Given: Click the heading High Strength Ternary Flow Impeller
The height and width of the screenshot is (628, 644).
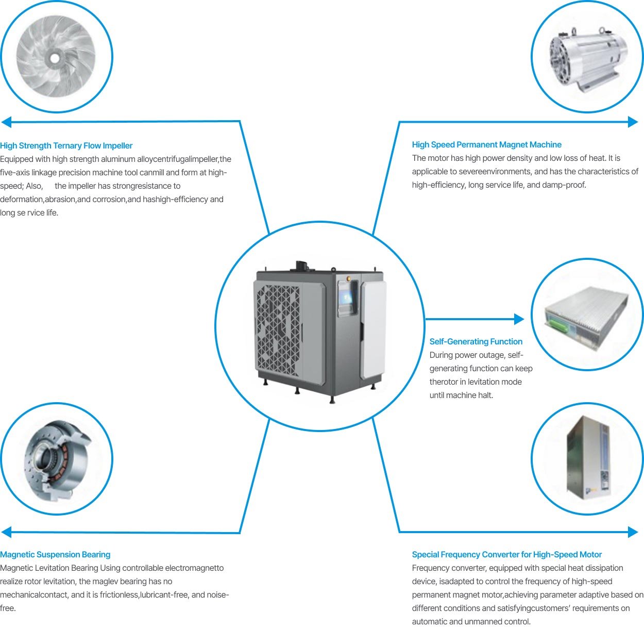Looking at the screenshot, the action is click(66, 146).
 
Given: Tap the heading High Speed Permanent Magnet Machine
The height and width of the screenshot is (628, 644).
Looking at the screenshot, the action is click(486, 145).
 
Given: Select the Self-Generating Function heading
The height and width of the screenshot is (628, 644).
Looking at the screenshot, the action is click(476, 341).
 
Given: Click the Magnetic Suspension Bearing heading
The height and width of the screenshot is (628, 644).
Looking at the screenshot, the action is click(55, 554).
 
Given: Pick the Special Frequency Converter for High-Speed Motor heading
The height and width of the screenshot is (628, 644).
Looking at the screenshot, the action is click(506, 554).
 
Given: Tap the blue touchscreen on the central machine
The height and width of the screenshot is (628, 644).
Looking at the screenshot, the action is click(346, 297).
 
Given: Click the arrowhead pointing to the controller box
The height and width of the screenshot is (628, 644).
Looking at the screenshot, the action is click(519, 319).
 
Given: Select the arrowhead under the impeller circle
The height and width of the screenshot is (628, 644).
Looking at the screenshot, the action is click(6, 122).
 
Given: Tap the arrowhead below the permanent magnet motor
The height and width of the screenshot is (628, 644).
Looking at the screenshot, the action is click(633, 122).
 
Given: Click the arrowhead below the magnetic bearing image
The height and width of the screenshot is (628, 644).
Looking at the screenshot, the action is click(6, 532).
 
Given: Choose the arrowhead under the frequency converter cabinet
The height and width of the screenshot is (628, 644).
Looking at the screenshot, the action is click(633, 532).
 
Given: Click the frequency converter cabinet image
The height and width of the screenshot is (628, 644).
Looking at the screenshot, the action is click(588, 457).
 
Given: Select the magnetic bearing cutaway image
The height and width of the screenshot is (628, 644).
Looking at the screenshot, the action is click(57, 460).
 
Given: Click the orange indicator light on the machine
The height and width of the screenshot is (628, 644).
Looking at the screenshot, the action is click(348, 278).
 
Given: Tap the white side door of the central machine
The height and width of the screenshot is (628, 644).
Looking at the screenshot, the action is click(374, 330).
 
